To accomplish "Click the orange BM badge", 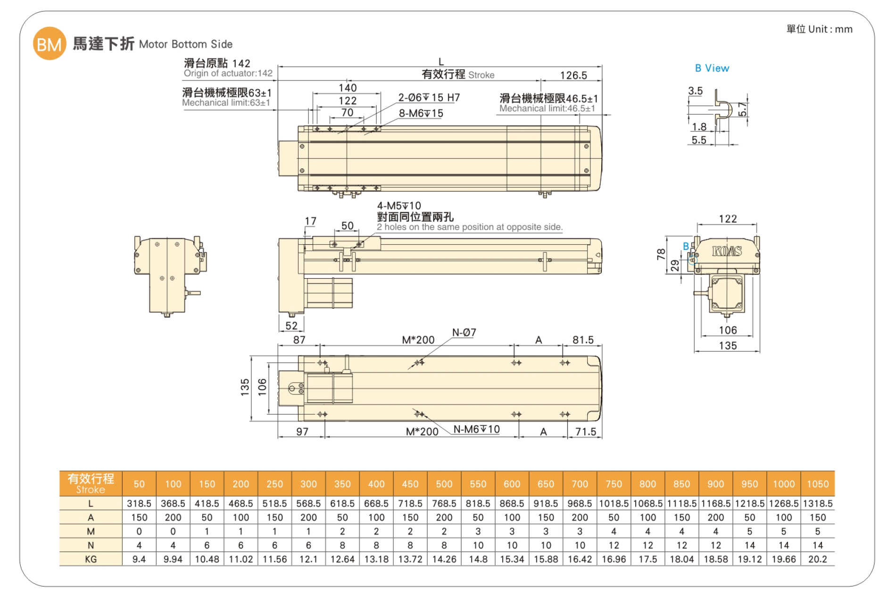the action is [x=49, y=44].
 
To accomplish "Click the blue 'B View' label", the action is [x=712, y=68].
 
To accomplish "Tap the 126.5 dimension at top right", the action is [x=573, y=75].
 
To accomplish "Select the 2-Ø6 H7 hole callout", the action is [x=429, y=98].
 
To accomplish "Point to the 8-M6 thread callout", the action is [x=421, y=113].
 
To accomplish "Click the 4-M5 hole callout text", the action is [x=398, y=206].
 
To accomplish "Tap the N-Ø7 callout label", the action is [x=464, y=332].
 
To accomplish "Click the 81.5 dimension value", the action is [x=583, y=340].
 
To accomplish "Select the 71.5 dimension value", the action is [x=585, y=431].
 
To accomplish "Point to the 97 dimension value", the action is [x=302, y=431].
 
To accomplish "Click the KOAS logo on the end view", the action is [x=727, y=251].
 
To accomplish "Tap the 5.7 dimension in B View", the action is [x=743, y=109].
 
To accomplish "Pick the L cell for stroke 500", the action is [x=444, y=504].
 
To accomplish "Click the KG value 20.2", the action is [x=817, y=559].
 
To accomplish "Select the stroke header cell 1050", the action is [x=817, y=484].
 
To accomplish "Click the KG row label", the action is [x=91, y=559].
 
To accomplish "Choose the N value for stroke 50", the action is [x=139, y=545].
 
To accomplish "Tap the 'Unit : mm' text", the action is [x=830, y=29].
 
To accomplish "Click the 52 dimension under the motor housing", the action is [x=291, y=326].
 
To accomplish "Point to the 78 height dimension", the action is [x=661, y=254].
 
